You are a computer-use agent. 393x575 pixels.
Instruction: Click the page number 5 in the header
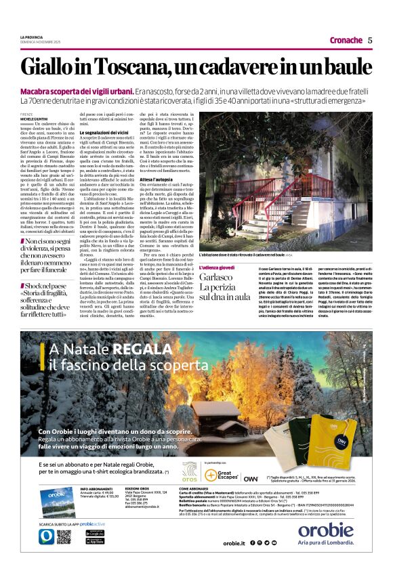[369, 40]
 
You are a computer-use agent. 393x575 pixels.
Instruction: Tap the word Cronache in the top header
[346, 40]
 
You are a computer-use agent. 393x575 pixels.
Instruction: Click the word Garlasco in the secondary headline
[216, 278]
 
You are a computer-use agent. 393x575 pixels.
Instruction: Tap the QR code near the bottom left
[63, 536]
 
